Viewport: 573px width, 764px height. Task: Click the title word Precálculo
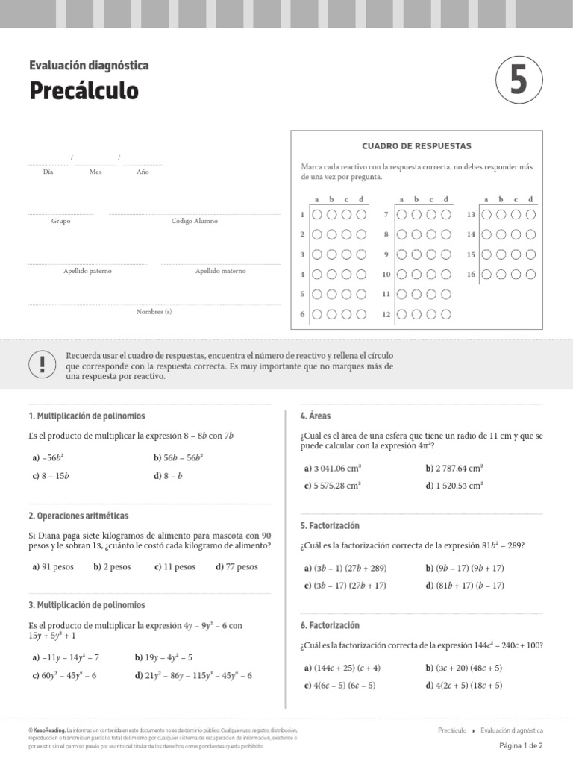84,90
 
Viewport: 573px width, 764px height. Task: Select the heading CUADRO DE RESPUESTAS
416,146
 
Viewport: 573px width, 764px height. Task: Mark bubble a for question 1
317,215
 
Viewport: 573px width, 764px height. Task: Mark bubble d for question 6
361,314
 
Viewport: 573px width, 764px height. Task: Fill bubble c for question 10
430,275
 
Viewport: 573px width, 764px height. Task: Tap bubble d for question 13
530,215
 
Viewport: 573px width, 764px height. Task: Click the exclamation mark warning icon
42,365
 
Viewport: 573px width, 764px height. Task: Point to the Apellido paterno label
87,271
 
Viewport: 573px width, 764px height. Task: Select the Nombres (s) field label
154,311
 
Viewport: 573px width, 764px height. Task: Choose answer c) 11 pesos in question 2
175,567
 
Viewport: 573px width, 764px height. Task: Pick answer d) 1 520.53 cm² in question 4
454,485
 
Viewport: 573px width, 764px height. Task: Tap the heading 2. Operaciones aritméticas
78,516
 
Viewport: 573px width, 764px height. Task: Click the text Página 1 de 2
521,745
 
